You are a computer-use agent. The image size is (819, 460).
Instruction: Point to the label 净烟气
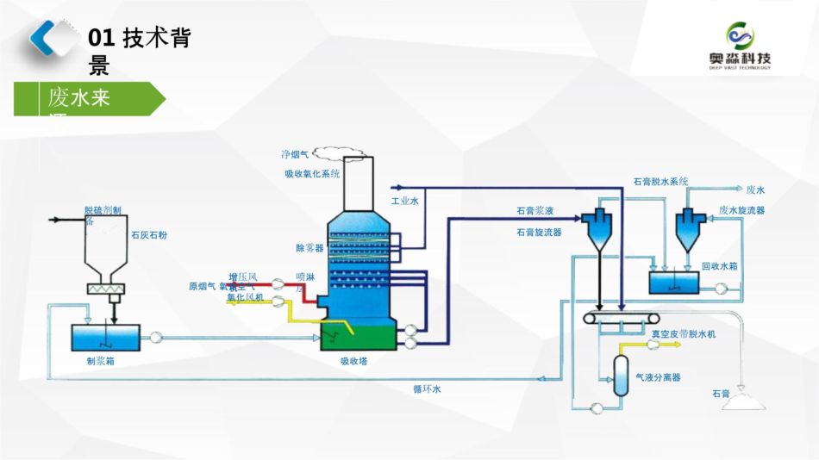tap(295, 155)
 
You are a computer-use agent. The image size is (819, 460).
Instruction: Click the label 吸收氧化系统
tap(312, 173)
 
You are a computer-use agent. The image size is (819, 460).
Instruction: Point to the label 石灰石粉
tap(149, 233)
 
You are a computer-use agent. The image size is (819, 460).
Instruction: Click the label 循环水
tap(427, 389)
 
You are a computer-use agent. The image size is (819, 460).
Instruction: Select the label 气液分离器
tap(658, 377)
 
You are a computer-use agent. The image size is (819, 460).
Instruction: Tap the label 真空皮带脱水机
tap(684, 333)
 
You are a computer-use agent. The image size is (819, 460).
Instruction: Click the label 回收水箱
tap(719, 266)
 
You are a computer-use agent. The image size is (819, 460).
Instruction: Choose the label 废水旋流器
tap(741, 209)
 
